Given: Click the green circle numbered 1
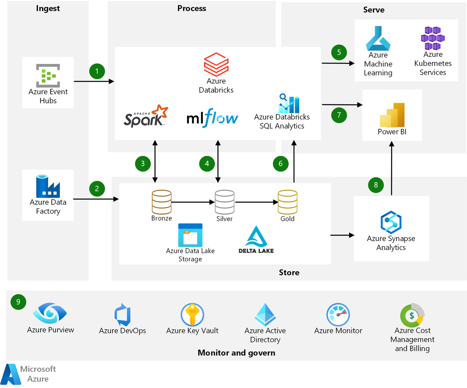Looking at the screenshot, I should pos(97,71).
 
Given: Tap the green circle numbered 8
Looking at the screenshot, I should pos(376,185).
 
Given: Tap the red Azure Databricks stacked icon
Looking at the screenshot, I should pos(216,65).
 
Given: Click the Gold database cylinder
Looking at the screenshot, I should pos(287,202).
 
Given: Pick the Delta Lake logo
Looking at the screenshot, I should pos(256,240).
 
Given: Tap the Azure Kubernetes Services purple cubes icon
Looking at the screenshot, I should pos(432,38).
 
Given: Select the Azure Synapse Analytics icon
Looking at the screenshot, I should pos(390,222).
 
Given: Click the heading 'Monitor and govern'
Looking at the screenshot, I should pos(236,353).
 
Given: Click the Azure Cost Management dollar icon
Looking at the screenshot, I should pos(412,315).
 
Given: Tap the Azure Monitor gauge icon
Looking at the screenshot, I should pos(338,315).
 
